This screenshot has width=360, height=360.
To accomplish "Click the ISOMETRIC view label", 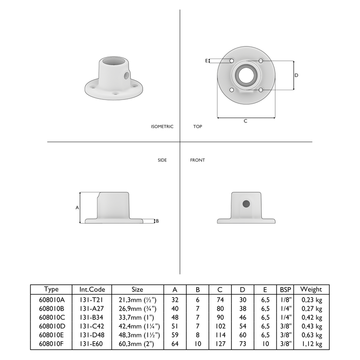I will (162, 127).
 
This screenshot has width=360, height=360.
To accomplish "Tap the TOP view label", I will (197, 127).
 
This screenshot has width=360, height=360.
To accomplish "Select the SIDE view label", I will (162, 160).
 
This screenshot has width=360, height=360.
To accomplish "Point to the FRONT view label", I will (197, 160).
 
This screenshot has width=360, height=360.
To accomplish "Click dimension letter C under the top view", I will (245, 121).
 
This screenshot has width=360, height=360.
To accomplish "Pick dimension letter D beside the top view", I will (296, 75).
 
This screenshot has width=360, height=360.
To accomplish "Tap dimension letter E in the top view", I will (206, 61).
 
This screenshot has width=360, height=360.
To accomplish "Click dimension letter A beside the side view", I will (77, 208).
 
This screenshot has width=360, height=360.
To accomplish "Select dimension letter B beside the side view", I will (157, 221).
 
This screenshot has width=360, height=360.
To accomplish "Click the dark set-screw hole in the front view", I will (246, 204).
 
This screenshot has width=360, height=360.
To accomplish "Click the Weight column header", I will (311, 289).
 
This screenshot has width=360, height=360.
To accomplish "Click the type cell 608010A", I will (51, 299).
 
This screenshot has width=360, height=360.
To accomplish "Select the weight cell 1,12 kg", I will (312, 344).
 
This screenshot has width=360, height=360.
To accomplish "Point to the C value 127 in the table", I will (220, 344).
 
